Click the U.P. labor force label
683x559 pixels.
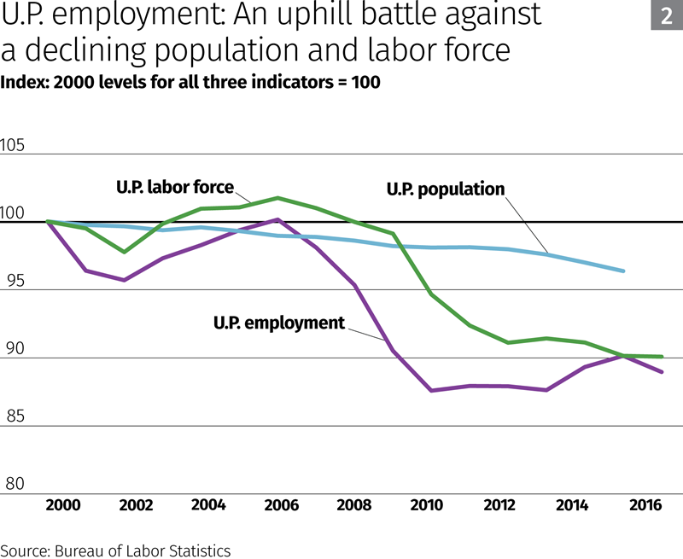pos(174,187)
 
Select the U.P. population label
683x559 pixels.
pos(446,189)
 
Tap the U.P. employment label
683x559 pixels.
pos(278,323)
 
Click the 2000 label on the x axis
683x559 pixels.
pos(64,505)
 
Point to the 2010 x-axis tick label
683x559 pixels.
pos(427,505)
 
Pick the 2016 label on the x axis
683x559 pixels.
pos(645,505)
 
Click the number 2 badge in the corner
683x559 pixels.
pos(666,16)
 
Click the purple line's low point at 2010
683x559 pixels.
pos(432,390)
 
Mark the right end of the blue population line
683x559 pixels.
pos(624,271)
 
